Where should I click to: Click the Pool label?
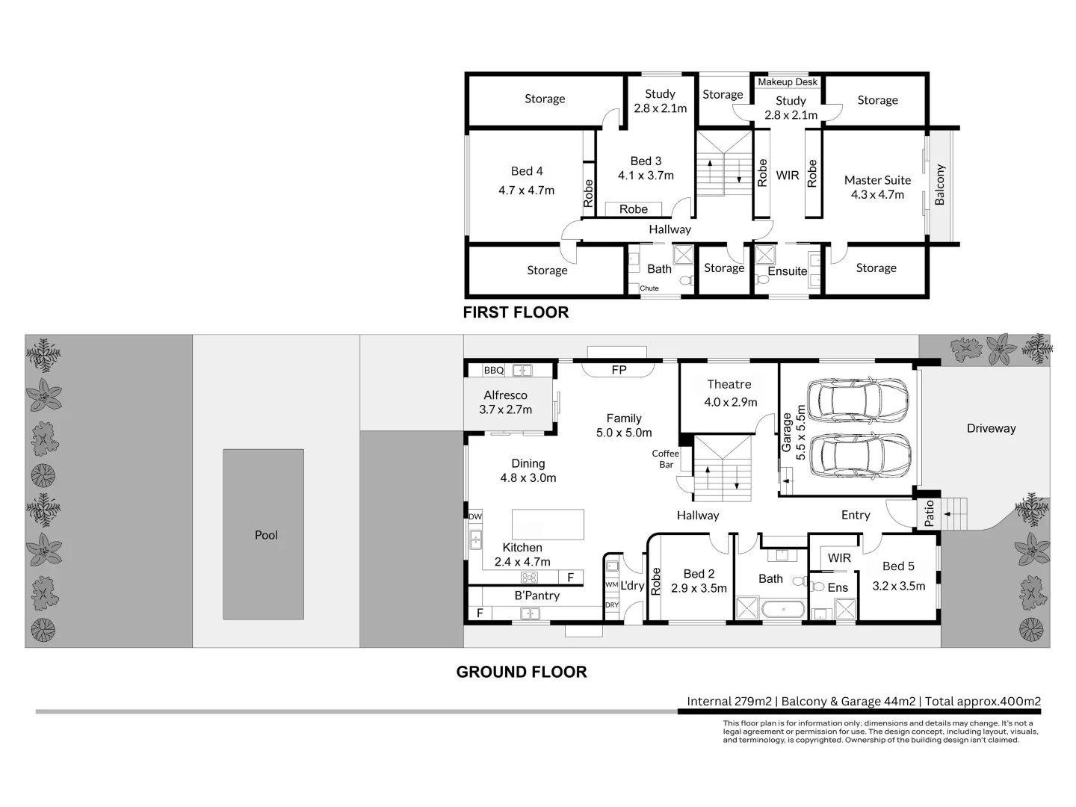point(266,535)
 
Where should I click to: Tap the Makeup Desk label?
point(788,82)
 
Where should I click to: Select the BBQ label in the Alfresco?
point(494,371)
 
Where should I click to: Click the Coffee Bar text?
point(665,459)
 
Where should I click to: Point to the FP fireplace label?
point(619,370)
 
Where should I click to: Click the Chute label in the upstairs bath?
point(649,288)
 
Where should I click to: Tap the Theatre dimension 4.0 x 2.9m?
point(730,402)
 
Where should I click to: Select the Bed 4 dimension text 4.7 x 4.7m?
point(527,191)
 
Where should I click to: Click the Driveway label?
point(992,429)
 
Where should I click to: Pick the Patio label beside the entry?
point(929,513)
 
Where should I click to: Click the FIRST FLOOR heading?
point(516,312)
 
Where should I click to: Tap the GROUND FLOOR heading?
point(522,672)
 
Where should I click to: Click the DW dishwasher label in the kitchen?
point(475,516)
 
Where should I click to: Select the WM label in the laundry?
point(611,585)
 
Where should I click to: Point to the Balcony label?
point(939,185)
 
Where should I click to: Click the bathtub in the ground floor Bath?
point(783,610)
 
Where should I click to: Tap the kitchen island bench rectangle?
point(548,525)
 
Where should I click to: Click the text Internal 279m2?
point(729,702)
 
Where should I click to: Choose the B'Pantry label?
point(537,596)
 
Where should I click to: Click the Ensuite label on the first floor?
point(788,271)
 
